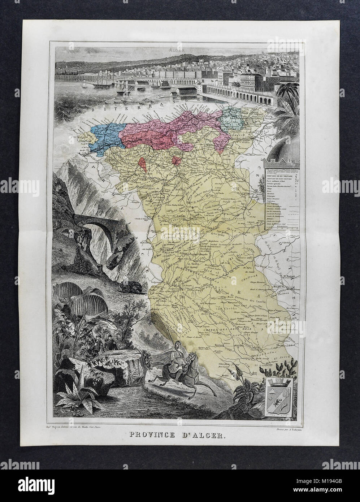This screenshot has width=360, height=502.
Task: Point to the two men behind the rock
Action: (102, 342)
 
